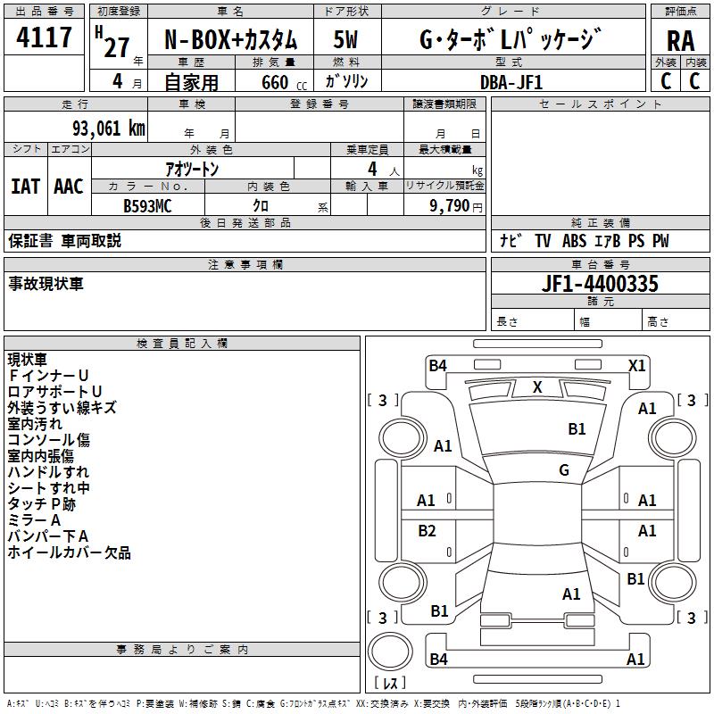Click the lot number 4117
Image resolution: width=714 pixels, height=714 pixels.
45,37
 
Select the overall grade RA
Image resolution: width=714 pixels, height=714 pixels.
680,41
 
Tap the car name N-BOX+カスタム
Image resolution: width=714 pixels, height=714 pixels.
231,40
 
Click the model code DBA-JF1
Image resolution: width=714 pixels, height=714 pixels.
511,82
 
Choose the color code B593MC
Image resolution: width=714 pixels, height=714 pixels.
147,205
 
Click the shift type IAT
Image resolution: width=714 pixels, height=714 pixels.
25,187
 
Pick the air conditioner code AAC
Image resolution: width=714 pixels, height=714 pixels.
68,187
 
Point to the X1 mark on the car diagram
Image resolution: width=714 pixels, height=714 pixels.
636,365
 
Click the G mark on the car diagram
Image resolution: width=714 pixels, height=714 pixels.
564,470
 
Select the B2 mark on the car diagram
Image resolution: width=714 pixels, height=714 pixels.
427,531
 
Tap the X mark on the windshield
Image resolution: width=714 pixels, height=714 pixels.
537,387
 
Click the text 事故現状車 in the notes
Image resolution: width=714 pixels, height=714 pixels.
46,284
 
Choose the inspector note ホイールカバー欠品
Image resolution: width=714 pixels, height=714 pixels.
69,552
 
